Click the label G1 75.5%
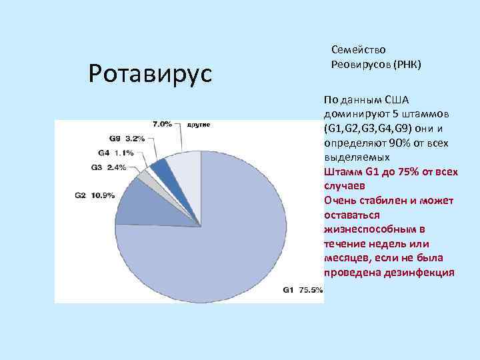click(x=302, y=290)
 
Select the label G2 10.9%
click(x=94, y=195)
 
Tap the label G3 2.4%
click(x=107, y=167)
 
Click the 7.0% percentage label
click(x=162, y=124)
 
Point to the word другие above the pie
click(x=198, y=125)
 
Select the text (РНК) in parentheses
click(x=407, y=65)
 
